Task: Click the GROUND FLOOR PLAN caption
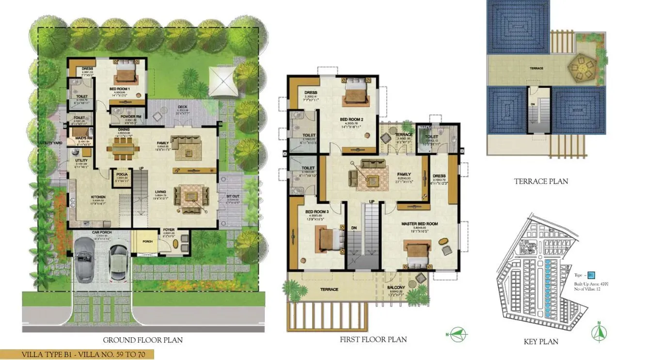[143, 340]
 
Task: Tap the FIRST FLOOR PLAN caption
[373, 340]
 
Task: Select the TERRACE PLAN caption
[541, 181]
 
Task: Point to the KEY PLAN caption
[541, 342]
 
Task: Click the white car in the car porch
[118, 261]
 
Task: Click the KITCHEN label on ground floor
[98, 197]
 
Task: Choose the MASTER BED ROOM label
[419, 224]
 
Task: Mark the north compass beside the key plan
[599, 332]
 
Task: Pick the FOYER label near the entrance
[169, 230]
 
